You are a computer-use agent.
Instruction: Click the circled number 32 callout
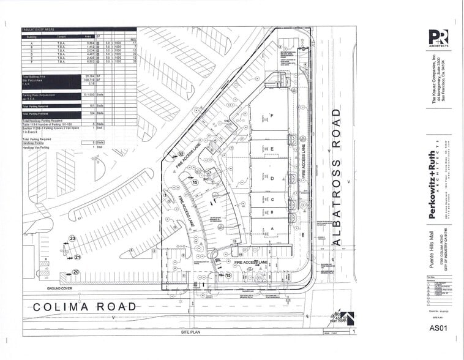pyautogui.click(x=181, y=153)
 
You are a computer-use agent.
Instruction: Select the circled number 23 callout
pyautogui.click(x=72, y=238)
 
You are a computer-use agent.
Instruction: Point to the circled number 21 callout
pyautogui.click(x=78, y=257)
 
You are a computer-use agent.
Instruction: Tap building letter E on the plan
pyautogui.click(x=271, y=149)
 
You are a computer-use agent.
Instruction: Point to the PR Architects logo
pyautogui.click(x=438, y=39)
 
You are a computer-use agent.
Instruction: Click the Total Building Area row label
pyautogui.click(x=37, y=76)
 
